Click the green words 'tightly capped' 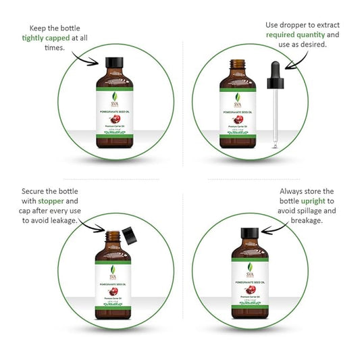tap(49, 38)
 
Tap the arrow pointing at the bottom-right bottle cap tap(270, 230)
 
